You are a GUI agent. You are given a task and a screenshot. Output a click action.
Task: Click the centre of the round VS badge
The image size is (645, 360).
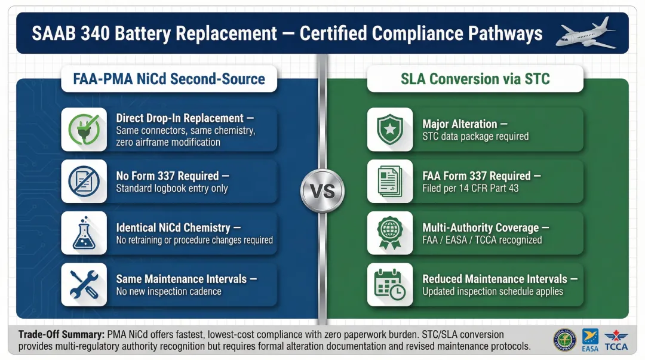tap(322, 191)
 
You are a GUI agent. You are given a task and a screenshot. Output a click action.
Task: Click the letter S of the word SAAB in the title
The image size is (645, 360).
tap(36, 34)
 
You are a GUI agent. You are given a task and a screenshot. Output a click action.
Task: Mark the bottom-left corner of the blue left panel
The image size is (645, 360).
tap(17, 318)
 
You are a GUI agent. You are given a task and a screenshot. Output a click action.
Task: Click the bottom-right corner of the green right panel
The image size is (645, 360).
tap(628, 318)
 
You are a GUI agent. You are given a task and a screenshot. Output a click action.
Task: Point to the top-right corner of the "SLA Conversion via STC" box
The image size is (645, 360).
tap(583, 66)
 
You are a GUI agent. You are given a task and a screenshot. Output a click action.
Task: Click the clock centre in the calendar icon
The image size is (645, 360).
tap(398, 293)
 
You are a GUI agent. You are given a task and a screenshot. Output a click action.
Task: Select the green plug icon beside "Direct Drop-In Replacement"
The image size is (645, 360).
tap(84, 130)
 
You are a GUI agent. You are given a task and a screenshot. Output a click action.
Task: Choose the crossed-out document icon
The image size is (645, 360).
tap(84, 181)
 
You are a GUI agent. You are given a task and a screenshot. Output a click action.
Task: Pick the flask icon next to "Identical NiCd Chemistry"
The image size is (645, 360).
tap(84, 233)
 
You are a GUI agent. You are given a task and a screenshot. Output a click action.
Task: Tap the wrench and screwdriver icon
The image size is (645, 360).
tap(84, 285)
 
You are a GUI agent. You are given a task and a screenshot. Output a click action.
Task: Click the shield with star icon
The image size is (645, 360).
tap(390, 130)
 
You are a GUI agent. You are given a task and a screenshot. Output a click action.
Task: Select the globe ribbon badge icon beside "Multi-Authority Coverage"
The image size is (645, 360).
tap(390, 233)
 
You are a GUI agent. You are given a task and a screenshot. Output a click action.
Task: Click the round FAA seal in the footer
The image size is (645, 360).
tap(564, 340)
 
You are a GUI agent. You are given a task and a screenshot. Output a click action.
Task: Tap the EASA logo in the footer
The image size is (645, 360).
tap(590, 340)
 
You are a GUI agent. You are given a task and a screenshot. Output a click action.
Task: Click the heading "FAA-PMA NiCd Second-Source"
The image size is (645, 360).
tap(169, 79)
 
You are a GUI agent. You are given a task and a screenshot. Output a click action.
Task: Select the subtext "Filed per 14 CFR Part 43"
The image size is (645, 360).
tap(471, 189)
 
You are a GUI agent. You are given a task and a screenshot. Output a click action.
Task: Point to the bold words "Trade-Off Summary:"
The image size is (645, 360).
tap(62, 334)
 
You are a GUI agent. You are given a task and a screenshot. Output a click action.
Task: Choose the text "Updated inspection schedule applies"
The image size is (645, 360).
tap(493, 292)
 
